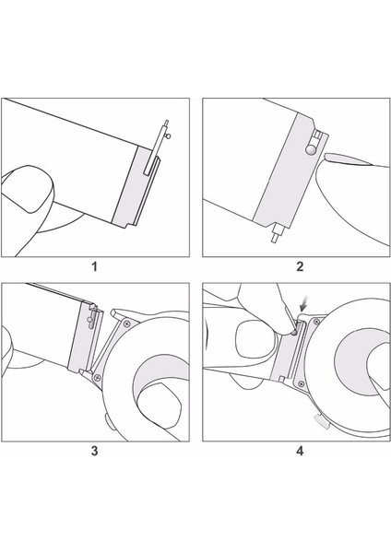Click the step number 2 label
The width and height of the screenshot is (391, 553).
[x=299, y=267]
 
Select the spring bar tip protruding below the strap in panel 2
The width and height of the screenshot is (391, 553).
[x=275, y=234]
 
